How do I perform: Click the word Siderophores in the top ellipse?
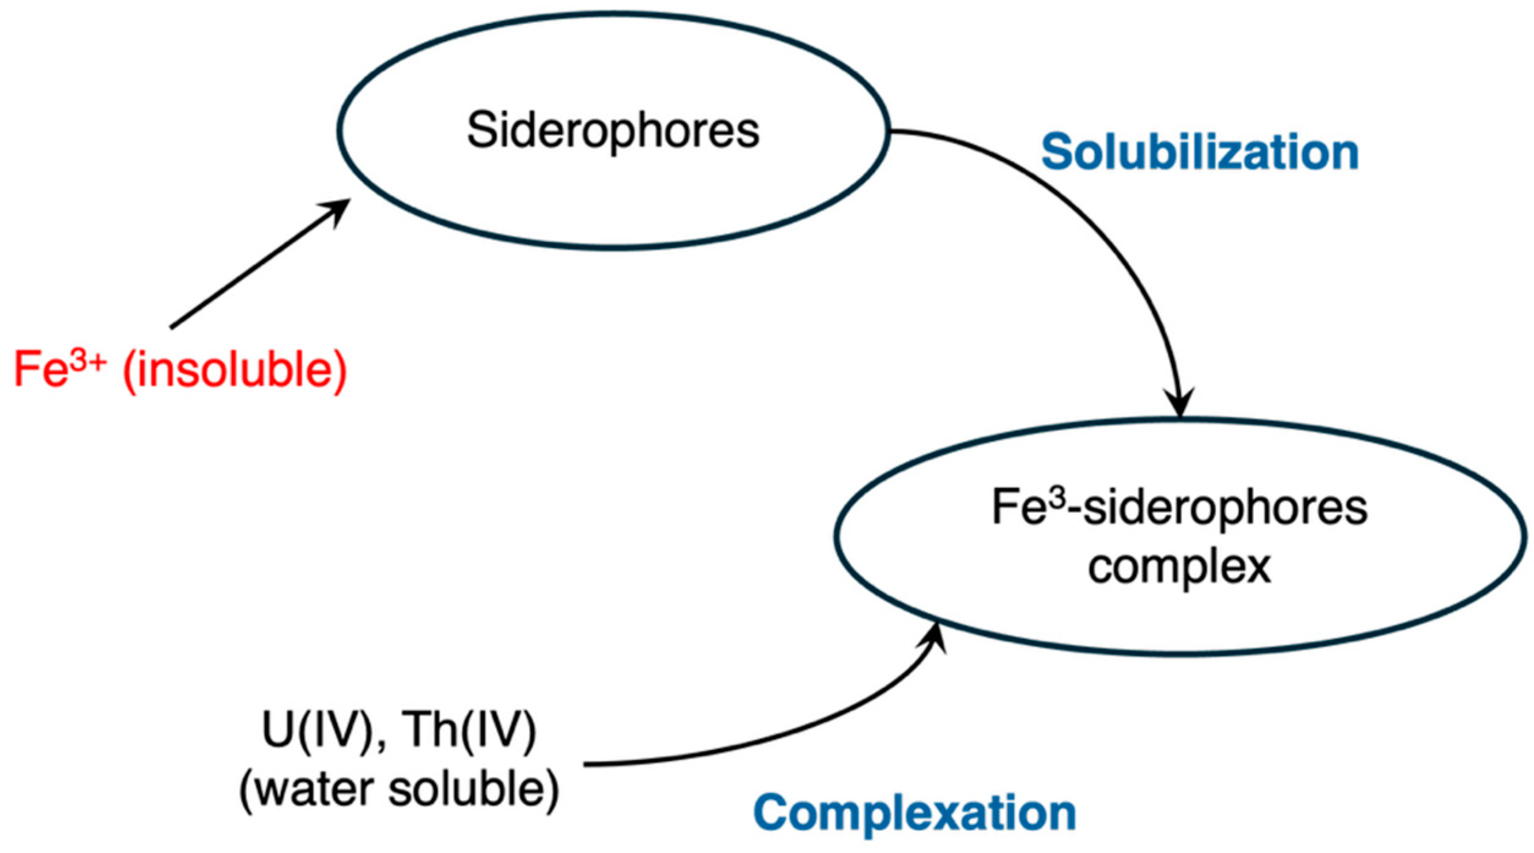pos(612,130)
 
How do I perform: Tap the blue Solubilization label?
pos(1199,152)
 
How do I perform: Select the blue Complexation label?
pos(914,813)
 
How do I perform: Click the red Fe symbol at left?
pos(40,370)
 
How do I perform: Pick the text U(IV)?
pos(317,731)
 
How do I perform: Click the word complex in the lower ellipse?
pos(1179,567)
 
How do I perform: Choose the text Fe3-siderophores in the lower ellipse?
pos(1179,508)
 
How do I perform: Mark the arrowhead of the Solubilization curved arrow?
pos(1180,404)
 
